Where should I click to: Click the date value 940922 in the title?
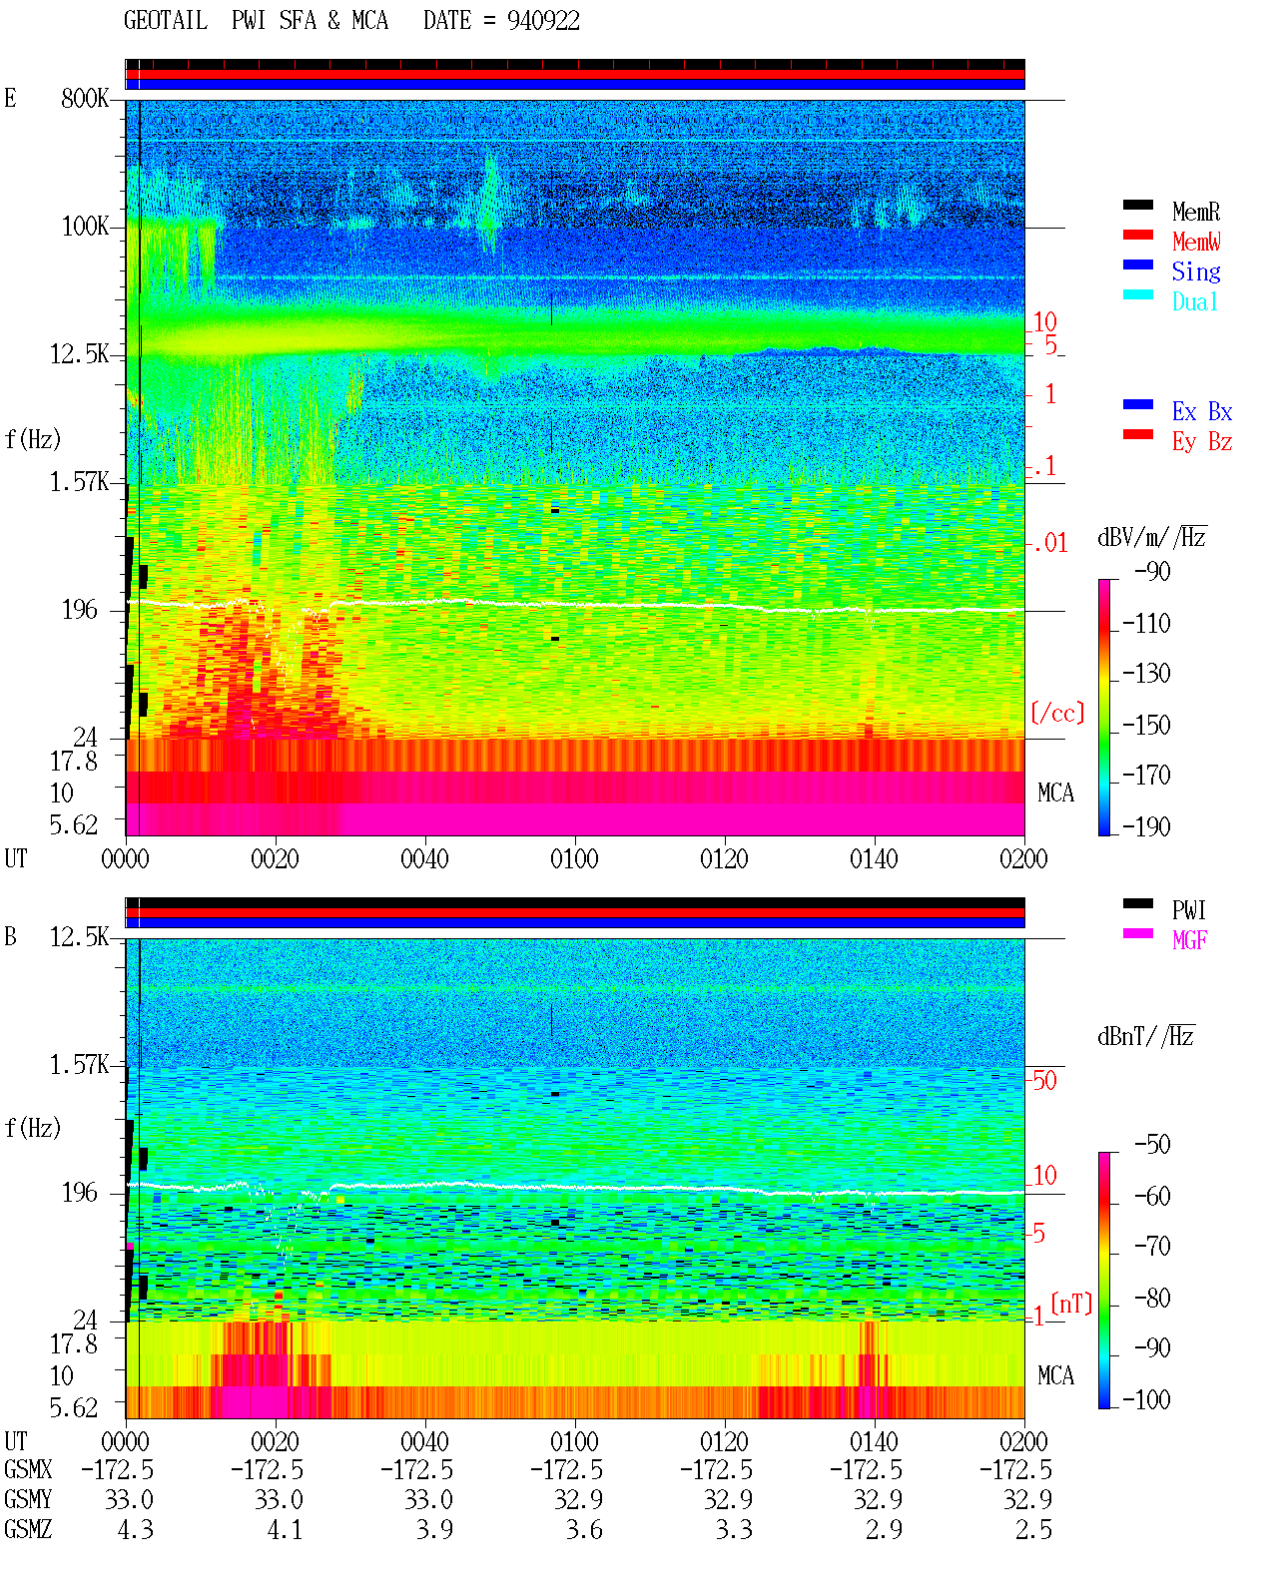tap(543, 21)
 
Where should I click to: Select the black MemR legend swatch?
tap(1137, 205)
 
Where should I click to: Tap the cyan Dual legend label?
tap(1195, 301)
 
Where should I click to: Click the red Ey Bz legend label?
tap(1202, 441)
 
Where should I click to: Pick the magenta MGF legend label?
tap(1189, 940)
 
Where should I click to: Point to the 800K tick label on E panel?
tap(85, 98)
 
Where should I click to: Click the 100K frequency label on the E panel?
tap(85, 227)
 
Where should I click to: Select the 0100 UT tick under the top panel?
tap(574, 858)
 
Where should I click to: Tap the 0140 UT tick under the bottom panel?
tap(874, 1440)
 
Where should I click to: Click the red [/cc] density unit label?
tap(1057, 713)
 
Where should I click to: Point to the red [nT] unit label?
tap(1071, 1304)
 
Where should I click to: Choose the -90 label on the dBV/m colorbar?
tap(1152, 571)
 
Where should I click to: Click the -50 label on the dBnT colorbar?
tap(1152, 1145)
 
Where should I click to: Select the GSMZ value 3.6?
tap(585, 1529)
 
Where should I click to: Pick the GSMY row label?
tap(28, 1499)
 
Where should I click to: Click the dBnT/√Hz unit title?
tap(1146, 1037)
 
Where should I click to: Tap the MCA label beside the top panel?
tap(1055, 793)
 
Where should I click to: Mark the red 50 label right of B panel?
tap(1044, 1080)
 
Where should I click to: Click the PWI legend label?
tap(1189, 910)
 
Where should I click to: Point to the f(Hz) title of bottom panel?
tap(33, 1128)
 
